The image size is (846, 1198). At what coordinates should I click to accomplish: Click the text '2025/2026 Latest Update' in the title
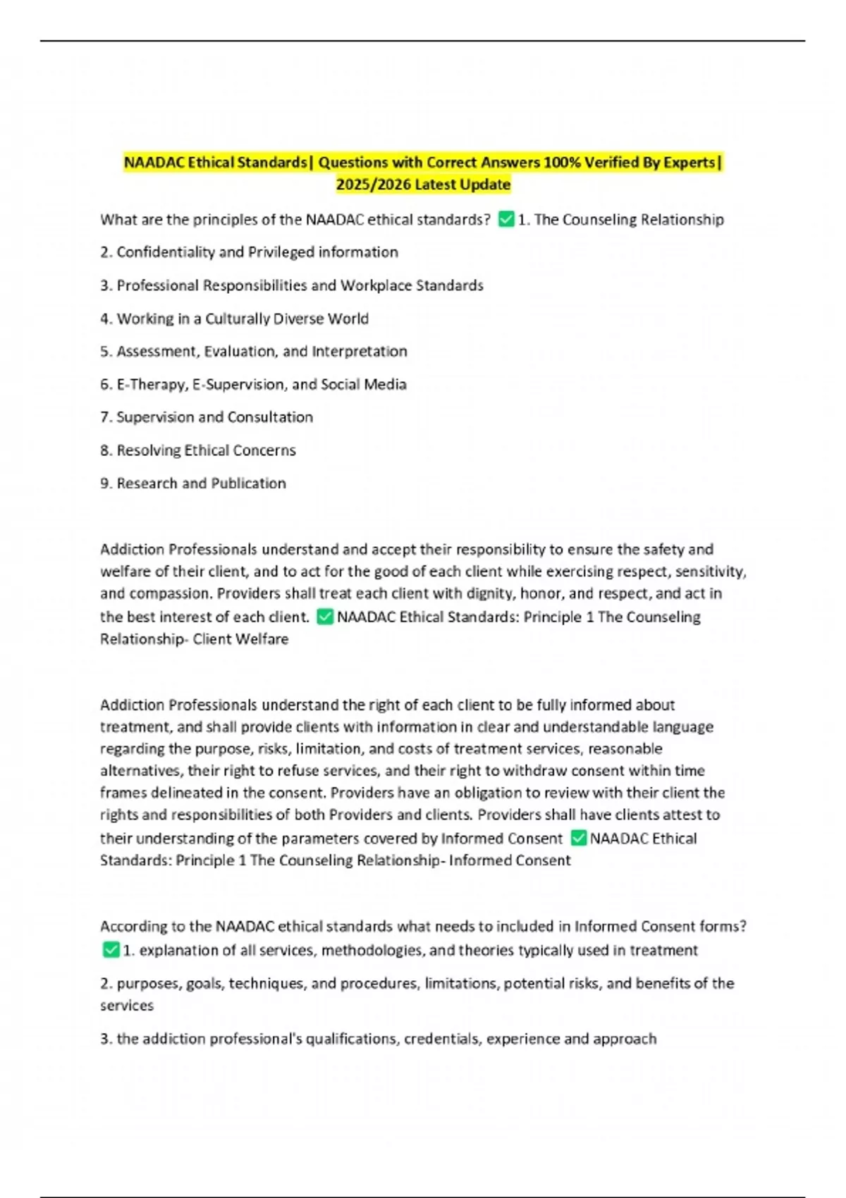423,185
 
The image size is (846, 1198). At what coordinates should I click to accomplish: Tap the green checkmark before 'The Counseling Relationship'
506,219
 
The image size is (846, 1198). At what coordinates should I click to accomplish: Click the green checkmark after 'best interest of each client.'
325,617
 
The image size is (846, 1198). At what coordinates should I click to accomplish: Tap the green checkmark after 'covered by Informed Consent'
578,838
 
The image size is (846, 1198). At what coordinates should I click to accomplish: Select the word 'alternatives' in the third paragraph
141,770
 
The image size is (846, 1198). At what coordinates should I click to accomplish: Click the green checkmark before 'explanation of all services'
111,950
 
